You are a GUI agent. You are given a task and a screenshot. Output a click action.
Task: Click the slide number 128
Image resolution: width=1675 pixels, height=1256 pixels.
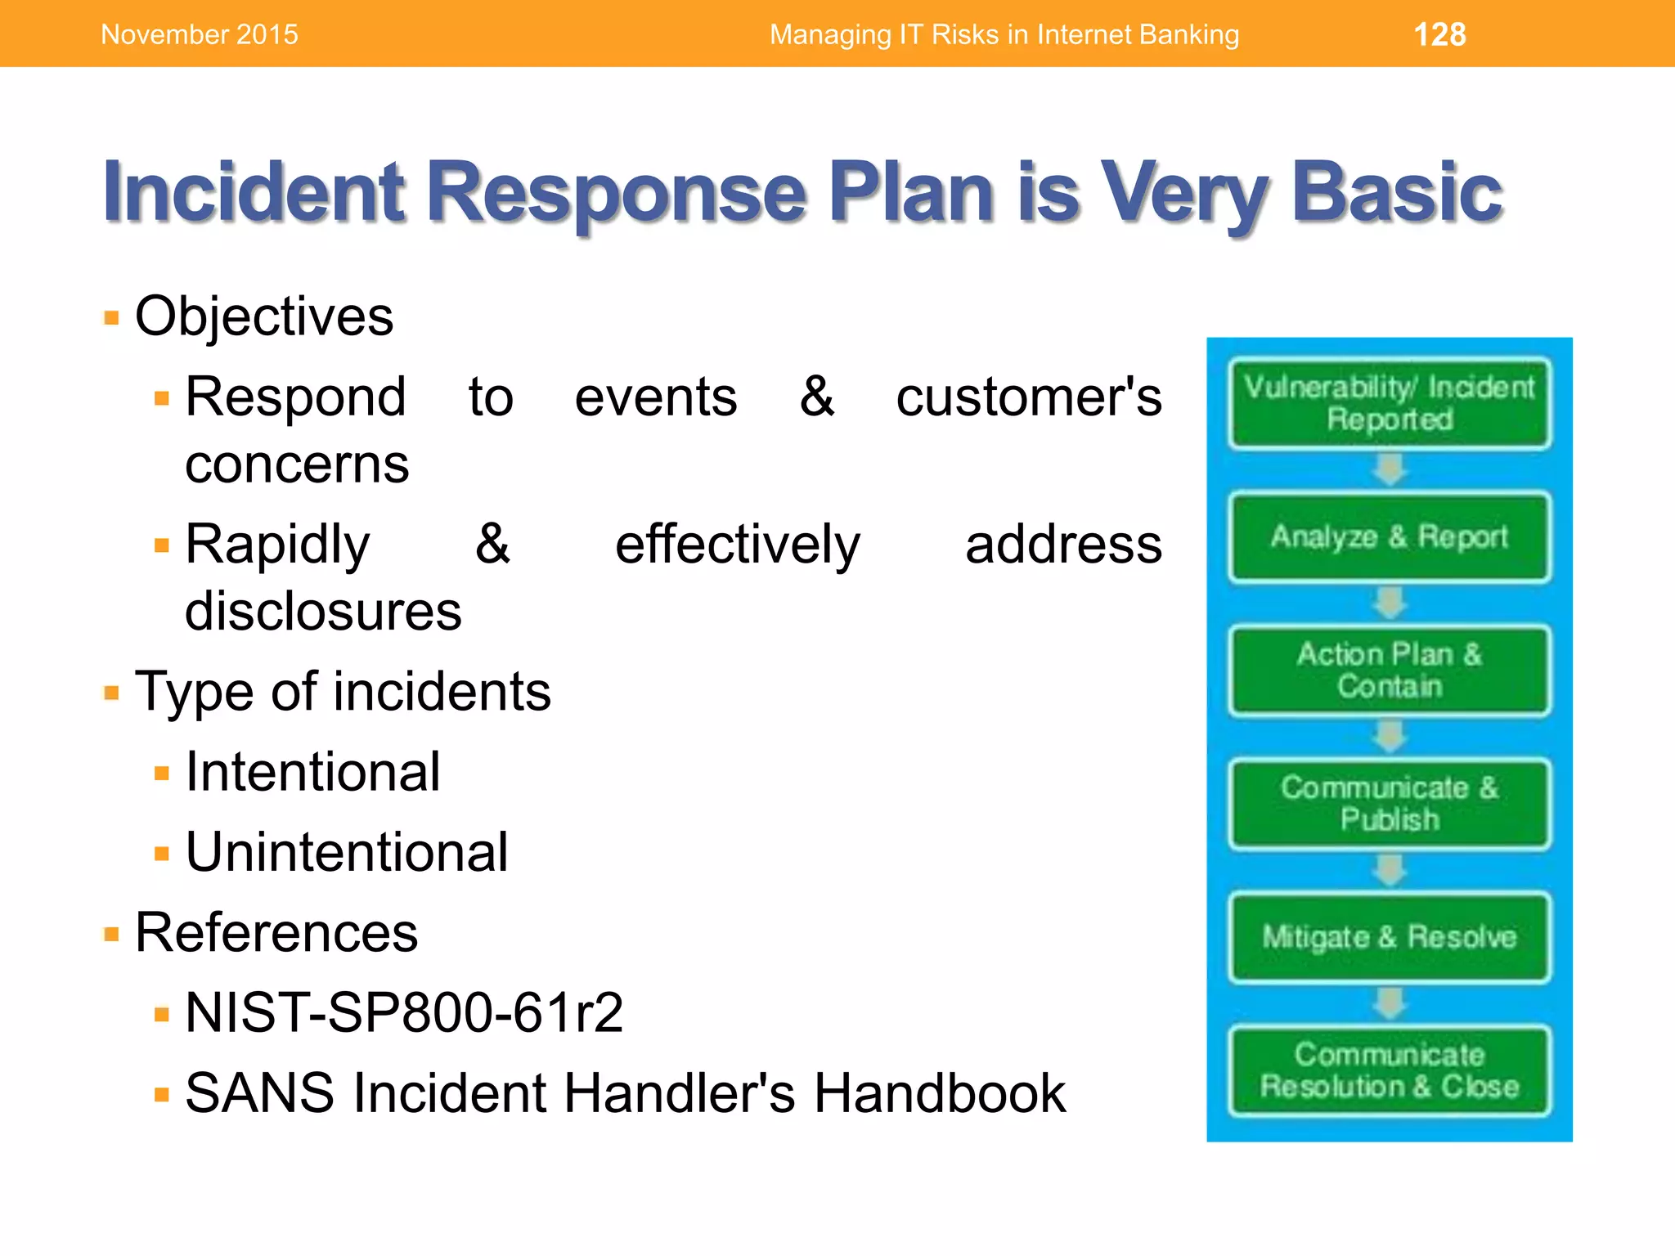coord(1439,34)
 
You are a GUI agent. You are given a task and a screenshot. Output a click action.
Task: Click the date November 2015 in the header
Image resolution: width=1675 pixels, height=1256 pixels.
coord(200,34)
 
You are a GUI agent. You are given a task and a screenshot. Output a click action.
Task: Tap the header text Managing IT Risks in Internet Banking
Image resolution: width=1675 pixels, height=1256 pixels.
coord(1004,34)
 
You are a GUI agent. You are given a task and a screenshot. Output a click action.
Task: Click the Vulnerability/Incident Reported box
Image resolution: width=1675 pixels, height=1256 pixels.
coord(1389,402)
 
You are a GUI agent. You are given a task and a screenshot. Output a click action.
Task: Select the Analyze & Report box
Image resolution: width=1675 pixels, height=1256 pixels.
coord(1389,536)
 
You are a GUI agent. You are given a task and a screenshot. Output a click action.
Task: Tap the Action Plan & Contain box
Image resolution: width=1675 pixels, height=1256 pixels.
coord(1389,670)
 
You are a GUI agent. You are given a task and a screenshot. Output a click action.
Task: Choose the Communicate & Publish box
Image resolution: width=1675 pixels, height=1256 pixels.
coord(1389,803)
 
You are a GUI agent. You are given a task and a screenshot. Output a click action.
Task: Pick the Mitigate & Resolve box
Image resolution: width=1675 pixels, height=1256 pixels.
coord(1389,936)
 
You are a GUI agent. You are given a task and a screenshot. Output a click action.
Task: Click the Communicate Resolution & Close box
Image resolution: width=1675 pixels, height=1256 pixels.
coord(1389,1070)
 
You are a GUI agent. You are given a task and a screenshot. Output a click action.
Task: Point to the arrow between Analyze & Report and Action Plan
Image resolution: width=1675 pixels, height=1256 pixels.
coord(1389,603)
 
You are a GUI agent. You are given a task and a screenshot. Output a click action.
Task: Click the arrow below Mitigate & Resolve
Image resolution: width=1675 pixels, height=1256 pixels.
coord(1389,1003)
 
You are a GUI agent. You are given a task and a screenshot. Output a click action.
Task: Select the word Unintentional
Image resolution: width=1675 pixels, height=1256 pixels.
coord(347,852)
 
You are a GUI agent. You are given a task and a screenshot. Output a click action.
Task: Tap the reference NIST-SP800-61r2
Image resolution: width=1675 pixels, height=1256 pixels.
coord(404,1012)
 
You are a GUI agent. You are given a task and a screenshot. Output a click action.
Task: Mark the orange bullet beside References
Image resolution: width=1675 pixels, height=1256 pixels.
coord(112,934)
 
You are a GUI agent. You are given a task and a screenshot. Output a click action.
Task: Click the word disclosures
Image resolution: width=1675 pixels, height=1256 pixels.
coord(323,611)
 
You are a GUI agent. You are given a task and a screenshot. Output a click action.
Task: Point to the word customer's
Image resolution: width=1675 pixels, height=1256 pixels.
coord(1028,397)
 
